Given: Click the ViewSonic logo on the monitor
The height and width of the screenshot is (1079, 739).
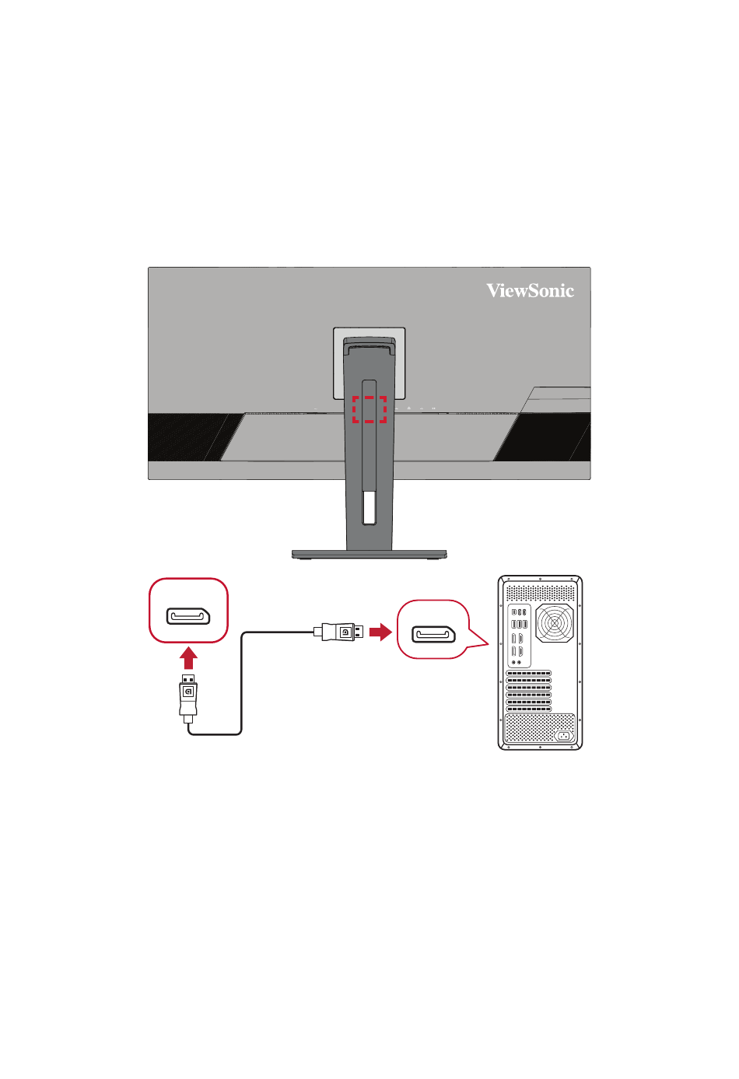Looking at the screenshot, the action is [530, 291].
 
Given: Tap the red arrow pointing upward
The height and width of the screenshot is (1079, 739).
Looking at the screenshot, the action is [188, 657].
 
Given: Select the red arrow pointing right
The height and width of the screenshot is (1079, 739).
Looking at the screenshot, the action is [380, 632].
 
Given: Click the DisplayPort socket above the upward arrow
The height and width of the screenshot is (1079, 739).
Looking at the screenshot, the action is [188, 616].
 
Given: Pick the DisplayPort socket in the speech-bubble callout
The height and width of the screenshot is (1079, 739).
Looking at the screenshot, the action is [433, 634].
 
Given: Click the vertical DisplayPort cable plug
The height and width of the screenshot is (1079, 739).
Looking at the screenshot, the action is [188, 699].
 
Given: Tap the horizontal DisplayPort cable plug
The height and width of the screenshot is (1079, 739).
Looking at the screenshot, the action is [338, 632].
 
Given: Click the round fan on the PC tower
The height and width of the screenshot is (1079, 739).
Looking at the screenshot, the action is [555, 623].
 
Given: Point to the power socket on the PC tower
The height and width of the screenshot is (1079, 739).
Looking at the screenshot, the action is [564, 736].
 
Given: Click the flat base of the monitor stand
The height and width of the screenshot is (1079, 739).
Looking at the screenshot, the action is [369, 555].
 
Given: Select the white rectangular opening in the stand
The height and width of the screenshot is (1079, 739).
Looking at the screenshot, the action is [369, 507].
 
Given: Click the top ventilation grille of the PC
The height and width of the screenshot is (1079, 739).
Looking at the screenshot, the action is [540, 593].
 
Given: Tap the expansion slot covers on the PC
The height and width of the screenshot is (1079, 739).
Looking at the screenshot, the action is [528, 691].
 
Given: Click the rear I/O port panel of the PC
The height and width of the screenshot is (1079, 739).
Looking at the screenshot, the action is [519, 636].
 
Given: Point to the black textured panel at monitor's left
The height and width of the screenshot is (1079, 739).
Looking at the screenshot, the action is [193, 437].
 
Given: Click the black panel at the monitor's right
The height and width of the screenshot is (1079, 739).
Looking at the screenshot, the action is [544, 437].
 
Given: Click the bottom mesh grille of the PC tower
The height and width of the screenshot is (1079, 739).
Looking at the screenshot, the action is [540, 729].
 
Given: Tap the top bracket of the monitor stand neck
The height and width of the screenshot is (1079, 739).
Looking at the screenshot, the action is [369, 342].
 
